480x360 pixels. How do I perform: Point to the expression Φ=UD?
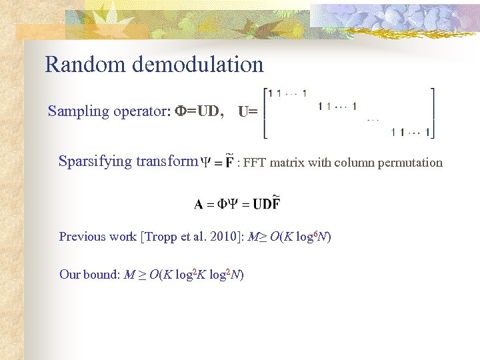point(199,111)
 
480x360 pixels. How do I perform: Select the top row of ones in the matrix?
point(287,93)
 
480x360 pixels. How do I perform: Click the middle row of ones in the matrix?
point(337,106)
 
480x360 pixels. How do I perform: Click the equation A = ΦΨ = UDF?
point(237,203)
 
